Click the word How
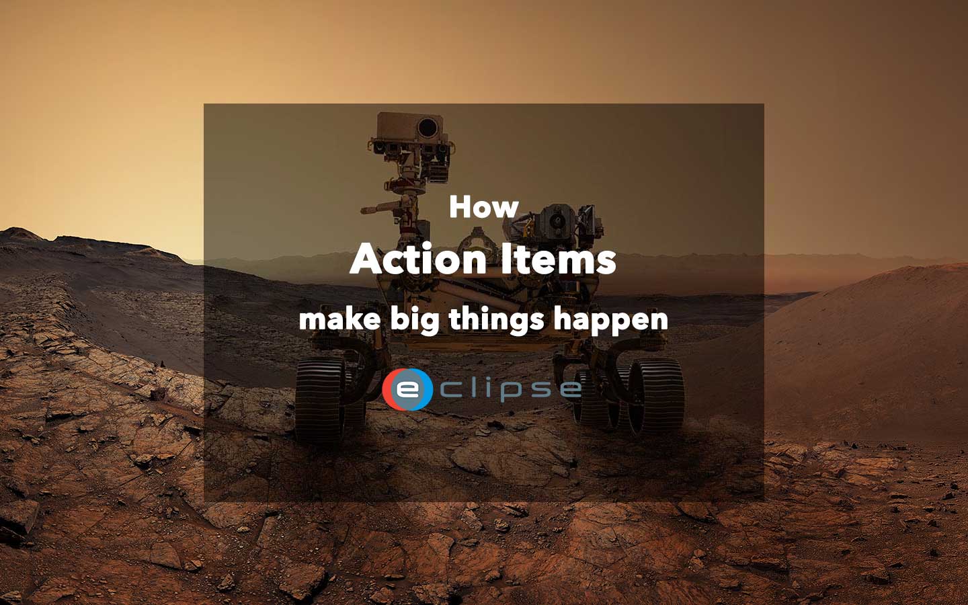coord(483,206)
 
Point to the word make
coord(339,319)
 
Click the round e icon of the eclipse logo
coord(407,389)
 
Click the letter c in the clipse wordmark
coord(450,389)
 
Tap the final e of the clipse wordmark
coord(569,389)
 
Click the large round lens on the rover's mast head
coord(426,127)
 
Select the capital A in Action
coord(365,259)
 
